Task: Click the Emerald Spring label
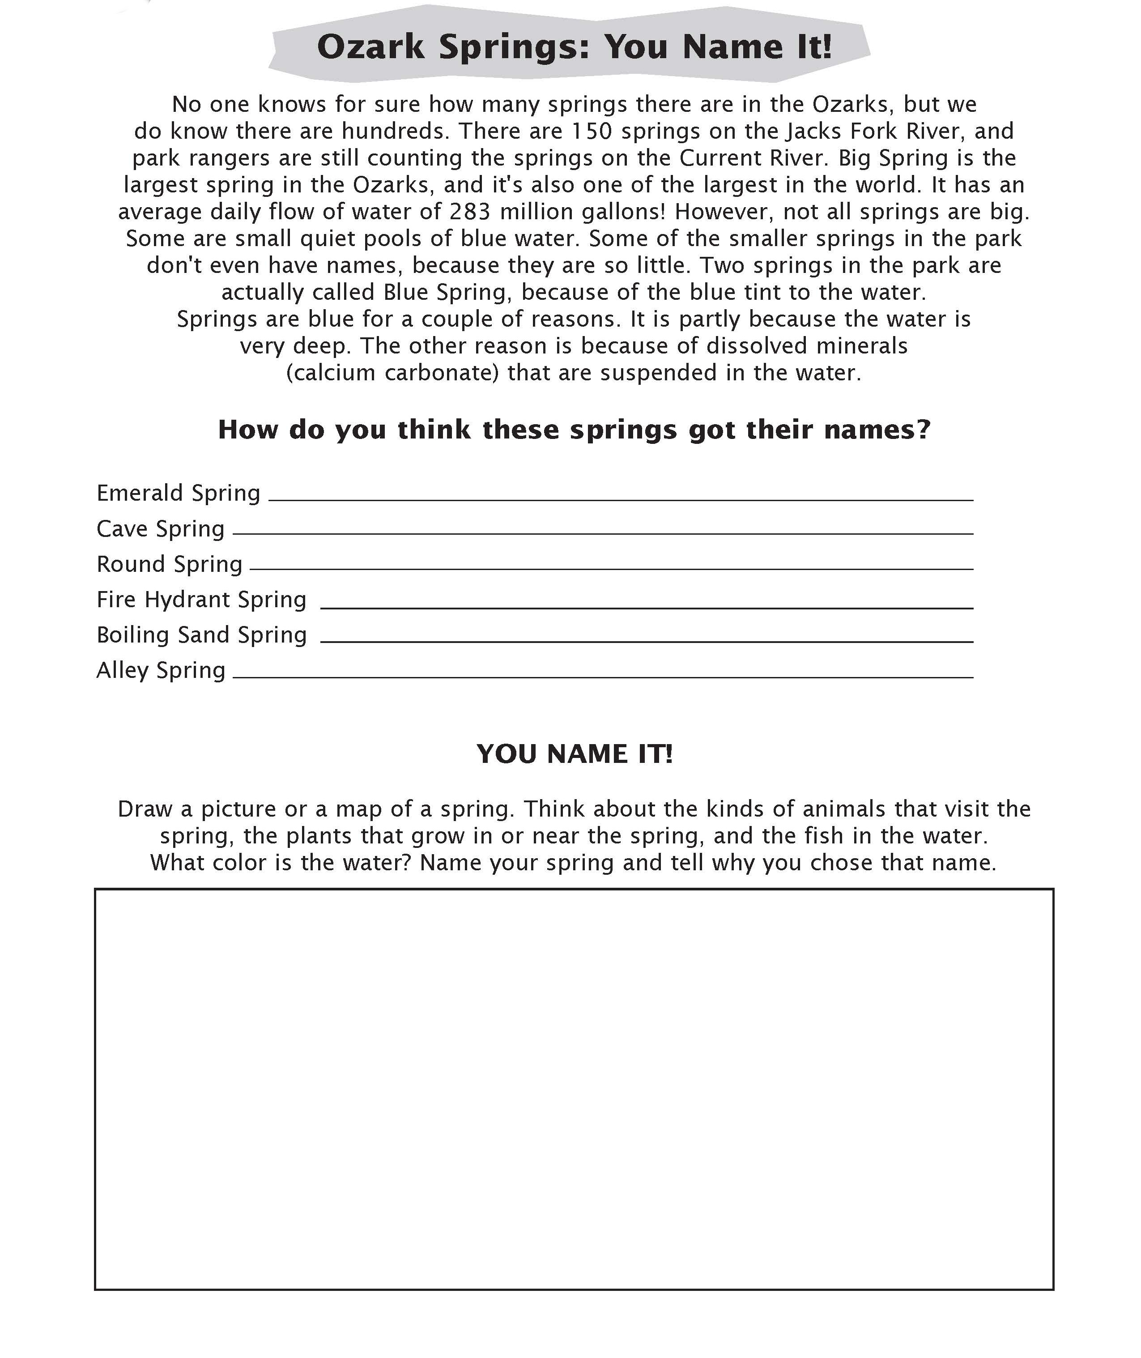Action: point(178,494)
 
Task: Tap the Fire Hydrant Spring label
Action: point(201,600)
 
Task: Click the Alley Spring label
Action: point(161,671)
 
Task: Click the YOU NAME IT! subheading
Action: point(575,754)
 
